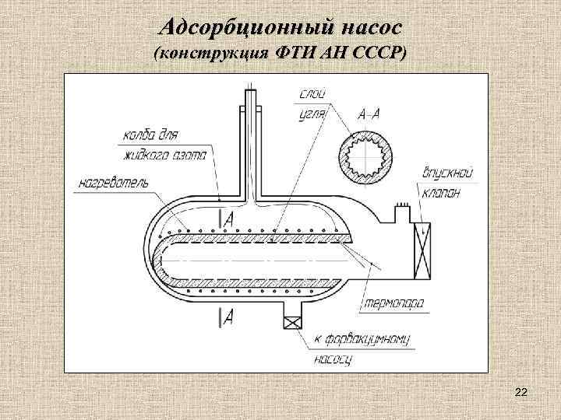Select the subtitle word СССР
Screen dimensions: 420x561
pos(377,54)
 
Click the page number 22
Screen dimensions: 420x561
pos(521,394)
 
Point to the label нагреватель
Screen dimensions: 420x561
pos(114,184)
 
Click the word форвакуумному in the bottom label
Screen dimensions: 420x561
pos(367,341)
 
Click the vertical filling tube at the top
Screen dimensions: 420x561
pos(250,140)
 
